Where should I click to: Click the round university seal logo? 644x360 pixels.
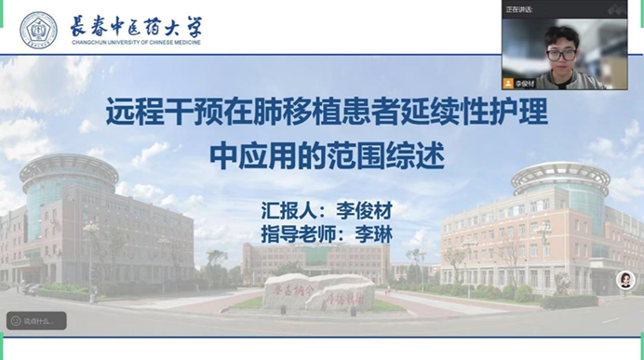point(38,30)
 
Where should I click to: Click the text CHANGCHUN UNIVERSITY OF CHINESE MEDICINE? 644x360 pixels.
point(136,42)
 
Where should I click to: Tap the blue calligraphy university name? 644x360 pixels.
point(136,24)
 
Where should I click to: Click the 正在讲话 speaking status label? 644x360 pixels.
point(519,9)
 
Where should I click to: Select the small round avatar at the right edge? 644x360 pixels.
point(625,280)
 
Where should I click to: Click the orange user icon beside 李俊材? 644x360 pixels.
point(508,84)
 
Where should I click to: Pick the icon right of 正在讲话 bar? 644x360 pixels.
point(614,9)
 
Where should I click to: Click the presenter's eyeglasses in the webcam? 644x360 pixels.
point(561,54)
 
